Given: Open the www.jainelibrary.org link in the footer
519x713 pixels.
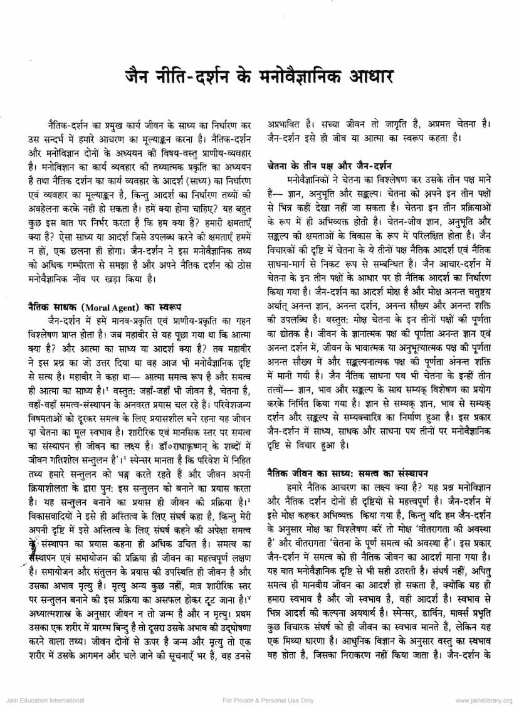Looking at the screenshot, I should click(x=484, y=700).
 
